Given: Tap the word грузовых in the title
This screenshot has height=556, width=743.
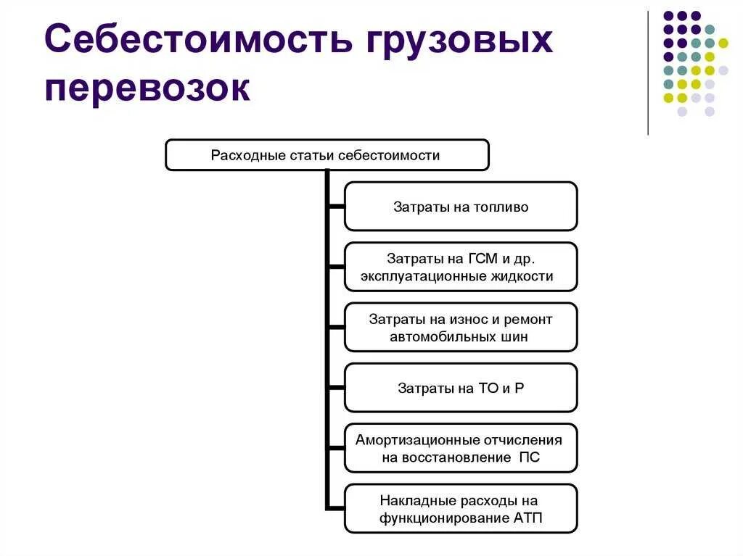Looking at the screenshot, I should point(454,41).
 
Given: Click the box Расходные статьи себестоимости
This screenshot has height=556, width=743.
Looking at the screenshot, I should point(327,155).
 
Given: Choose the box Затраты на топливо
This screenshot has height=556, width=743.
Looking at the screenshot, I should point(461,207).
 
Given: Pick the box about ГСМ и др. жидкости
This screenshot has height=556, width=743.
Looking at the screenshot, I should point(461,267).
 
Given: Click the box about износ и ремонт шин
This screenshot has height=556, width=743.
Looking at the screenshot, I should point(461,328).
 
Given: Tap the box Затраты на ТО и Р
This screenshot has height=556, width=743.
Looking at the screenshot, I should point(461,388).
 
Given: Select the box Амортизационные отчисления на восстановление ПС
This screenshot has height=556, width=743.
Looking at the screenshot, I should point(461,448).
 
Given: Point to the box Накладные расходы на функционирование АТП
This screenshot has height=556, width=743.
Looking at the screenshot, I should point(461,509).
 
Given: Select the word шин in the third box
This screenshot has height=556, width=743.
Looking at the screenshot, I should point(515,337).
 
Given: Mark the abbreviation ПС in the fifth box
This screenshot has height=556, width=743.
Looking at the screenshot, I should point(530,457).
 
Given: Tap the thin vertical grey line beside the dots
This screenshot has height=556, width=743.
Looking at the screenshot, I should point(648,72).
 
